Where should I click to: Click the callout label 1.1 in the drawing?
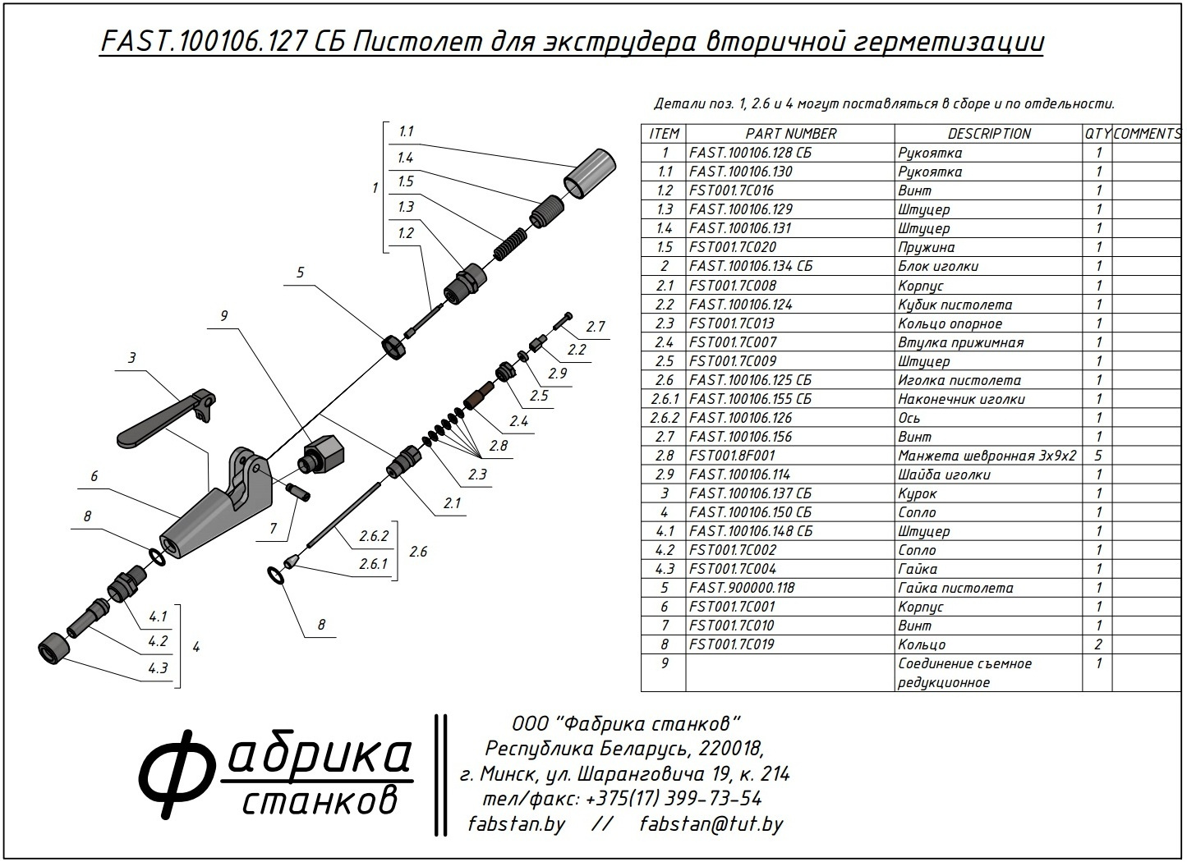(x=406, y=131)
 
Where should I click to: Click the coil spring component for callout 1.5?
(x=510, y=243)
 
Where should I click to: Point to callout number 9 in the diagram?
(x=223, y=314)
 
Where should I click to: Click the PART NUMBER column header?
(x=790, y=133)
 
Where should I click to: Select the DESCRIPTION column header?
(x=988, y=133)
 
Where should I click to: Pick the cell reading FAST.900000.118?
(x=742, y=588)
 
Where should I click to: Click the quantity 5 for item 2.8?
(x=1097, y=456)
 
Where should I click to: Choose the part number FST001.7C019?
(x=732, y=644)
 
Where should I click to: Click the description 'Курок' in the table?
(x=917, y=493)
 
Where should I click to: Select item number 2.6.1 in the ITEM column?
(x=664, y=399)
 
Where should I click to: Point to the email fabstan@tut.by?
(x=711, y=823)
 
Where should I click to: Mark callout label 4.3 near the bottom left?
(x=158, y=667)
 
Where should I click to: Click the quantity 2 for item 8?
(x=1097, y=644)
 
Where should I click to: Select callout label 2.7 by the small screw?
(x=596, y=327)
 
